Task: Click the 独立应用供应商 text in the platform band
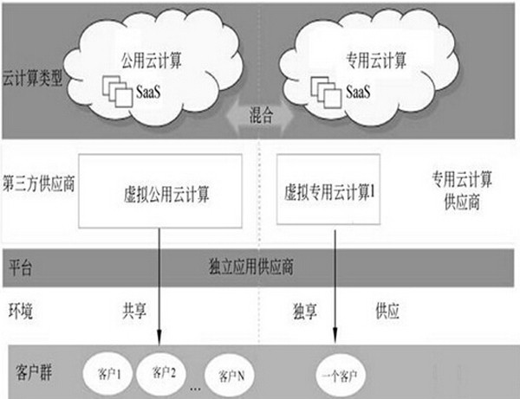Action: coord(251,266)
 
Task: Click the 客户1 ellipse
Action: coord(106,376)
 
